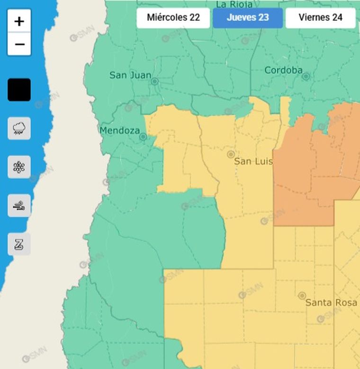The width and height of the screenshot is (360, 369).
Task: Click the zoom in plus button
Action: click(19, 21)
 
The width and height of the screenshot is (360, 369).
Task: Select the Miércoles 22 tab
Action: click(173, 18)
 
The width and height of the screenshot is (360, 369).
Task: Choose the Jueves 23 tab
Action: click(248, 18)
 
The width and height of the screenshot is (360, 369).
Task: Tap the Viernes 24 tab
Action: click(321, 18)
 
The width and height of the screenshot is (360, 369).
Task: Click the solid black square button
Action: click(19, 90)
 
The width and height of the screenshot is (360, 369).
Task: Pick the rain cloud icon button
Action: click(19, 128)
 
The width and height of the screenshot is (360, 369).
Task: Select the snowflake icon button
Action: click(19, 167)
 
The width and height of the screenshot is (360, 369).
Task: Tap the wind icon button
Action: click(19, 206)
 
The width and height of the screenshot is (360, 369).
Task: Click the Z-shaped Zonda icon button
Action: click(19, 244)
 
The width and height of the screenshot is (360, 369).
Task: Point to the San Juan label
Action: click(130, 75)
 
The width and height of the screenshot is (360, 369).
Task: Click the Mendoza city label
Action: click(119, 130)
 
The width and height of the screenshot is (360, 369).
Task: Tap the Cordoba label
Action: click(283, 71)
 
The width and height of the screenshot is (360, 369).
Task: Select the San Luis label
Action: click(253, 162)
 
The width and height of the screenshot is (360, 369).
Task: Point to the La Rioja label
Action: click(234, 5)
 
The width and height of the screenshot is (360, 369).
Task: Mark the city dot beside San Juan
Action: click(154, 82)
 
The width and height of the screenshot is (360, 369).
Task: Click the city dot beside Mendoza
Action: click(143, 137)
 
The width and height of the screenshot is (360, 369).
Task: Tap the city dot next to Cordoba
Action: click(306, 76)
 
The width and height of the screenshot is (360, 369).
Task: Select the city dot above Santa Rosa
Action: click(302, 295)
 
